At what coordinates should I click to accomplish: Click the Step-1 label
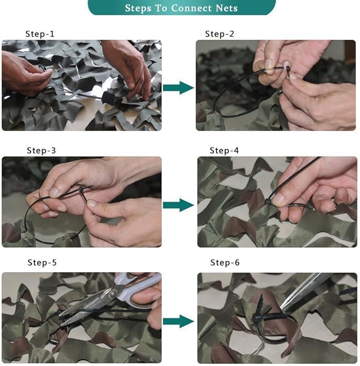(40, 34)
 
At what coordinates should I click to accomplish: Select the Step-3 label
(41, 151)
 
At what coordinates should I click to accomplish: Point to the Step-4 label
(224, 151)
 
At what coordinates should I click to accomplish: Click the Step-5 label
(42, 263)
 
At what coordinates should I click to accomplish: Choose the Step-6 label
(225, 263)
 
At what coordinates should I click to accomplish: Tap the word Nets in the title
(225, 8)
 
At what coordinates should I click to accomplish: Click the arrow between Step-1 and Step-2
(178, 88)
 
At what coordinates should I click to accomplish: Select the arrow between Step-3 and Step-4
(178, 205)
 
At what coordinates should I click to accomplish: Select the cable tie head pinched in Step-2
(286, 69)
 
